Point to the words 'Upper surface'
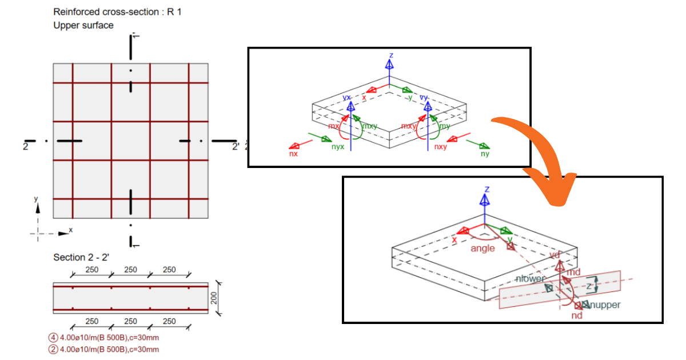coord(83,25)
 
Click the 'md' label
coord(573,272)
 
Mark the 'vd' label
coord(554,255)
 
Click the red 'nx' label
coord(293,153)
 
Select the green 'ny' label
coord(485,153)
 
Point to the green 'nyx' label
coord(338,147)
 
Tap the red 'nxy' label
coord(440,147)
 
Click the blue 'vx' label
coord(346,98)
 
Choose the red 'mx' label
coord(333,125)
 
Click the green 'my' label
coord(445,126)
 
